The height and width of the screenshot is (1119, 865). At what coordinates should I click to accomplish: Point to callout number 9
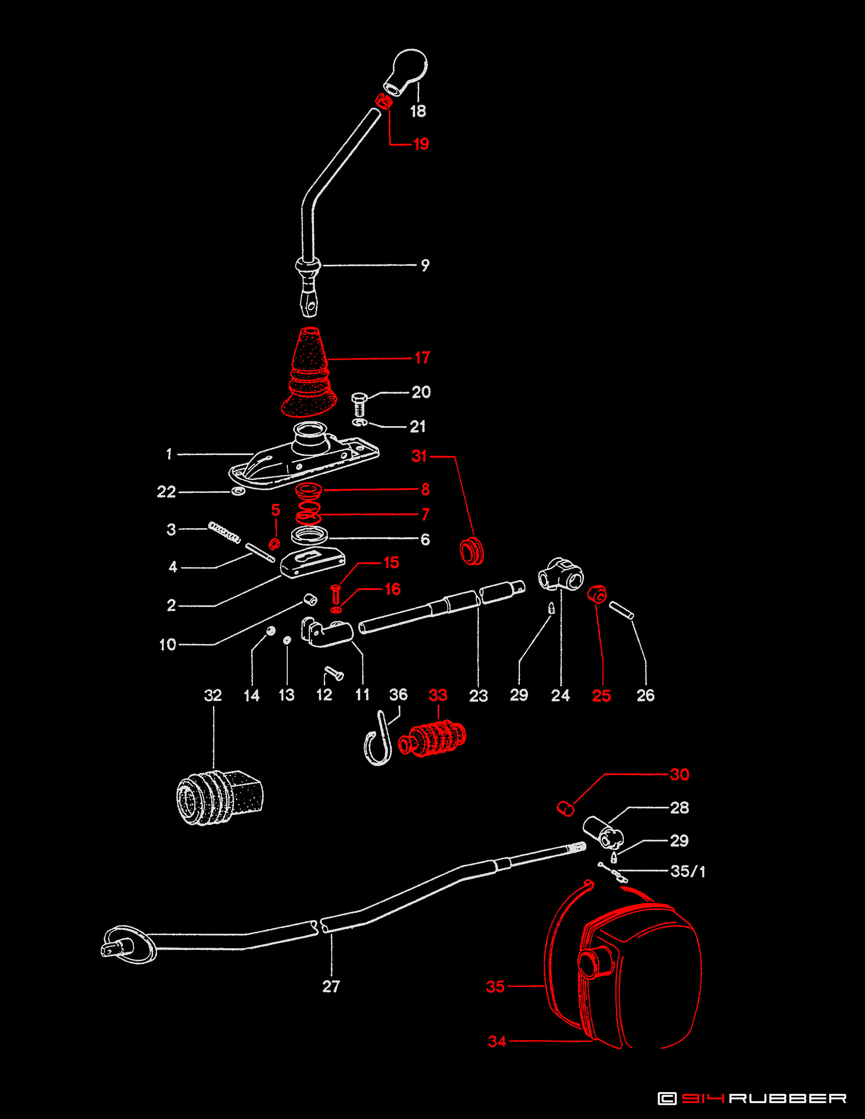pos(425,265)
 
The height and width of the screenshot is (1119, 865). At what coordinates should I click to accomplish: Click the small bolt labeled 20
pos(360,404)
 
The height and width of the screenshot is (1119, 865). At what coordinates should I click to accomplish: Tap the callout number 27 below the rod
pos(331,986)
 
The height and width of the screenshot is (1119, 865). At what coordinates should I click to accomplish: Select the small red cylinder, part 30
pos(565,808)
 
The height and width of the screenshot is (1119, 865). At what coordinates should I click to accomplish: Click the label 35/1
pos(688,871)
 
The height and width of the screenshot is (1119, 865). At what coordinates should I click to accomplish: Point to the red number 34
pos(497,1041)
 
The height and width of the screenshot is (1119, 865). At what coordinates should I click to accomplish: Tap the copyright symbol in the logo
pos(666,1098)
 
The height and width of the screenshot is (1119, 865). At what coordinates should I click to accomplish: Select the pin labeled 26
pos(621,610)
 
